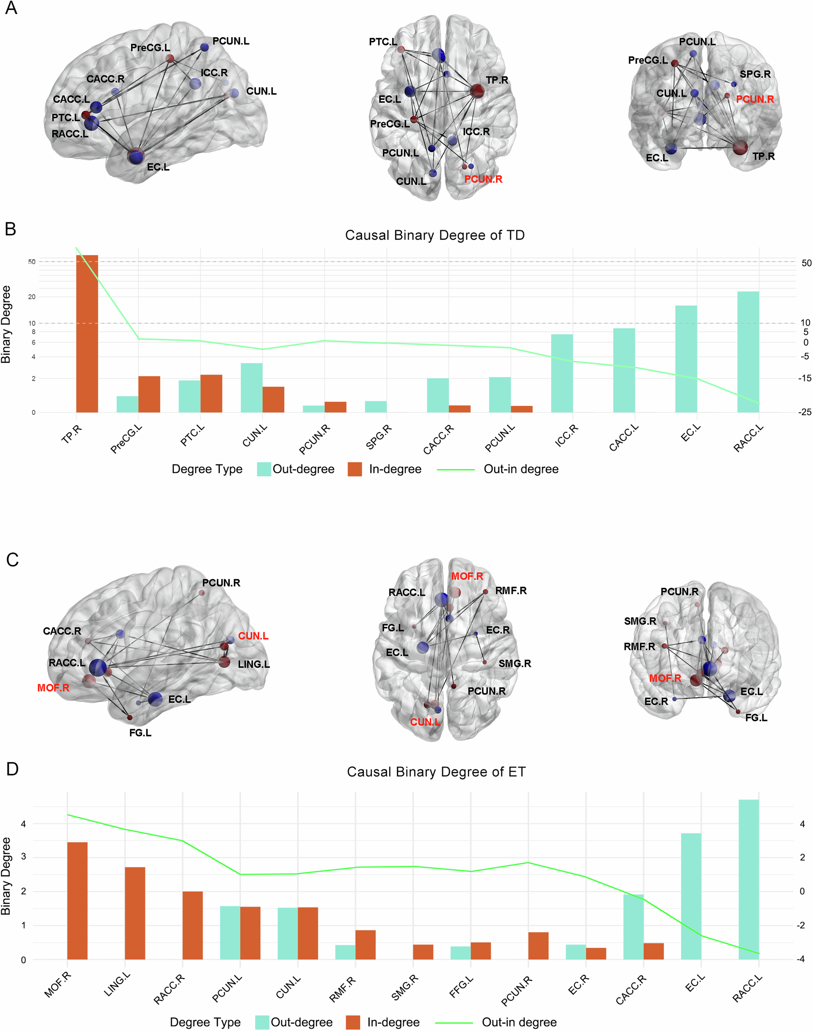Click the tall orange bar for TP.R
[x=87, y=333]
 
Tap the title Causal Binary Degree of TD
[x=435, y=235]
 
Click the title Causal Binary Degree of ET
[x=436, y=772]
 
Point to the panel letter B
[x=10, y=229]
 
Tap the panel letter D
[x=12, y=769]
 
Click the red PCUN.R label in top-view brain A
[x=483, y=179]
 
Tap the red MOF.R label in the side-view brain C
[x=53, y=687]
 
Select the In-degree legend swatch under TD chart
[x=355, y=469]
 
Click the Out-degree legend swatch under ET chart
[x=262, y=1022]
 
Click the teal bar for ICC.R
[x=562, y=373]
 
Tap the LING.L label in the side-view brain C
[x=254, y=664]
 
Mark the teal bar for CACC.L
[x=623, y=370]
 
